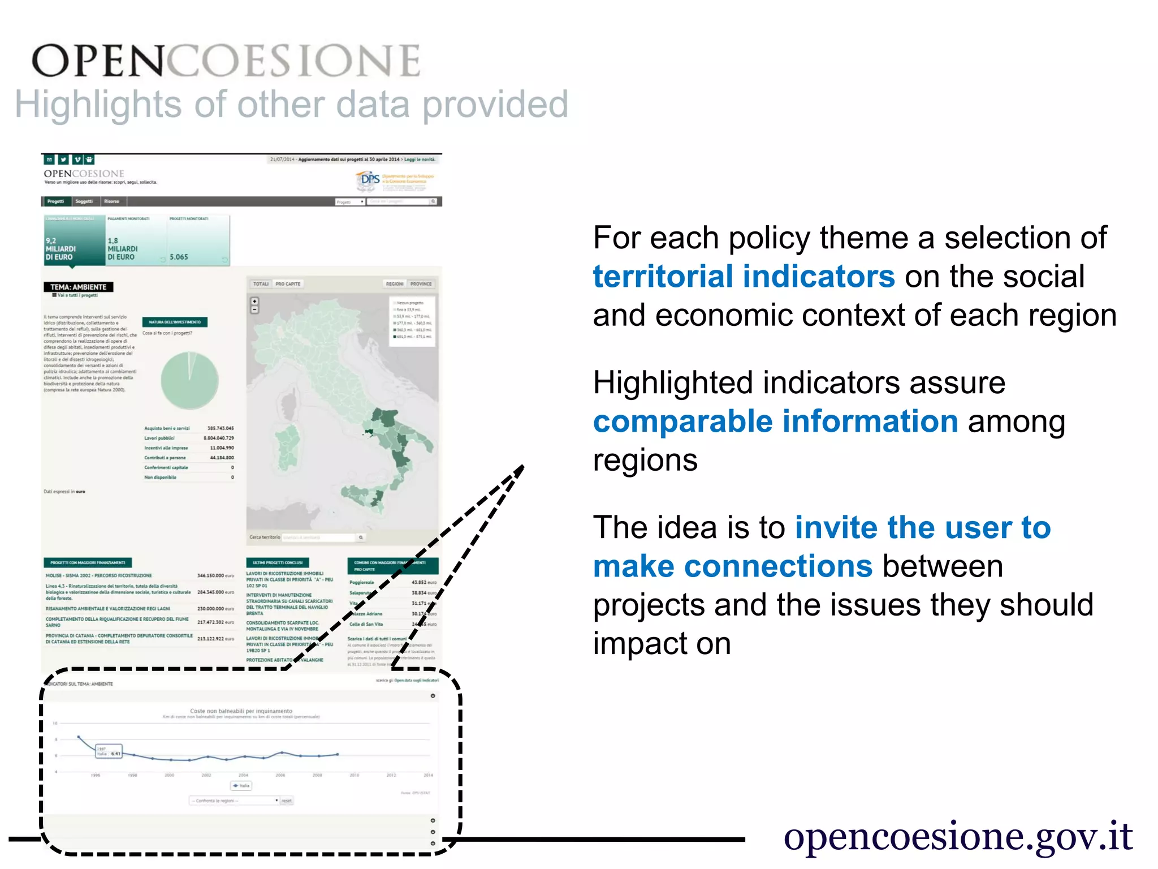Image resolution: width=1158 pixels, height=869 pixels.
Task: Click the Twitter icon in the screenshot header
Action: tap(63, 160)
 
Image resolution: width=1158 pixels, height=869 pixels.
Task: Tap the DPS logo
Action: tap(370, 180)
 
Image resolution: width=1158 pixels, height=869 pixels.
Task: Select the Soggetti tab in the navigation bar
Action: tap(84, 201)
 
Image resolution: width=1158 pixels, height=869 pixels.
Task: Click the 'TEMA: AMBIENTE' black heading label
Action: tap(79, 287)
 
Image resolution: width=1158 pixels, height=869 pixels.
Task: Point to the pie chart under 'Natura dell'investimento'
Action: tap(189, 380)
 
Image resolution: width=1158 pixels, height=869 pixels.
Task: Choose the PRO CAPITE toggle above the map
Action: tap(288, 284)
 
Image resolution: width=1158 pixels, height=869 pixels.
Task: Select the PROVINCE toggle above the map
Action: tap(421, 284)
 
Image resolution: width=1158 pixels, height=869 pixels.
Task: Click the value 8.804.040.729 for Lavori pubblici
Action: tap(218, 438)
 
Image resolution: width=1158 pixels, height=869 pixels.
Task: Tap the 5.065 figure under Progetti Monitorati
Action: tap(179, 257)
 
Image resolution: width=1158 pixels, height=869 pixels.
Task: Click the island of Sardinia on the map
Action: tap(288, 447)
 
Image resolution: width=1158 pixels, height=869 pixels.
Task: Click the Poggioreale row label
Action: tap(362, 582)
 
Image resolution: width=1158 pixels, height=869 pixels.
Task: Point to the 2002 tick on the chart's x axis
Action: tap(206, 775)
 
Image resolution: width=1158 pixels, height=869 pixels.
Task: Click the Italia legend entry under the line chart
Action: tap(241, 786)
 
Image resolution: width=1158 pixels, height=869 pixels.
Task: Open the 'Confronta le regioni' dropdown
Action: tap(235, 801)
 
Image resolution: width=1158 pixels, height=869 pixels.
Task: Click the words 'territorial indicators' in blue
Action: tap(744, 277)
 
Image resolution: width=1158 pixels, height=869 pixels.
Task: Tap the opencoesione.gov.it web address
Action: tap(958, 836)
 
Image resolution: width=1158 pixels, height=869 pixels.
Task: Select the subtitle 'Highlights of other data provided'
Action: tap(291, 105)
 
